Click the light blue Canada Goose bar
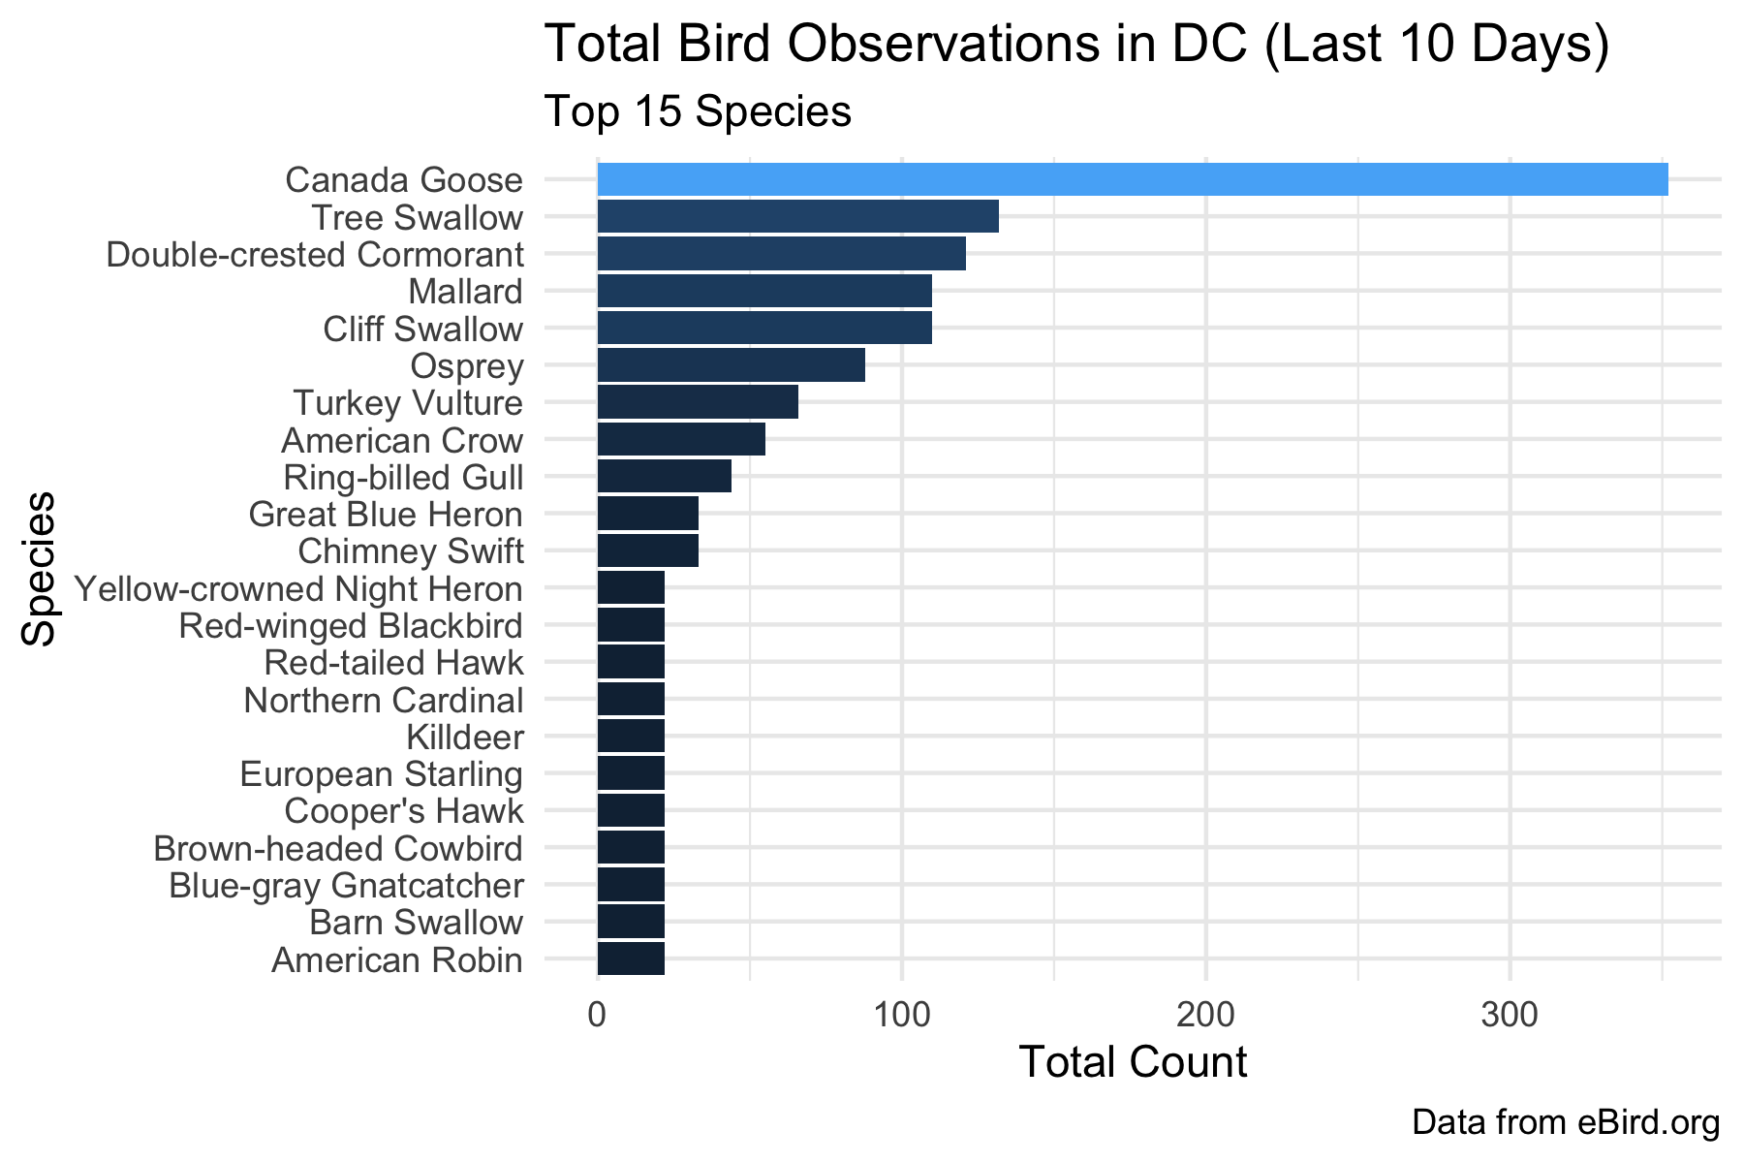coord(1132,180)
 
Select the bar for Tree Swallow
coord(797,217)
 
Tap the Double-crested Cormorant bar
coord(781,254)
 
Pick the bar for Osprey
coord(731,365)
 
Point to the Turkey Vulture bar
coord(698,402)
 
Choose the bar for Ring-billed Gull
coord(664,477)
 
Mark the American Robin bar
coord(631,959)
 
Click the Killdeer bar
coord(631,737)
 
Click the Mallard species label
coord(465,292)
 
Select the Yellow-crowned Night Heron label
coord(298,589)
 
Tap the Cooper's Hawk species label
coord(404,811)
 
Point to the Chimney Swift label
coord(410,551)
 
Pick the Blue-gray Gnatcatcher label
coord(346,886)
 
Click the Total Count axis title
coord(1133,1062)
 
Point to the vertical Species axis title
coord(39,568)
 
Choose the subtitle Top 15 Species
coord(698,112)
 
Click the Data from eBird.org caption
coord(1566,1122)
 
